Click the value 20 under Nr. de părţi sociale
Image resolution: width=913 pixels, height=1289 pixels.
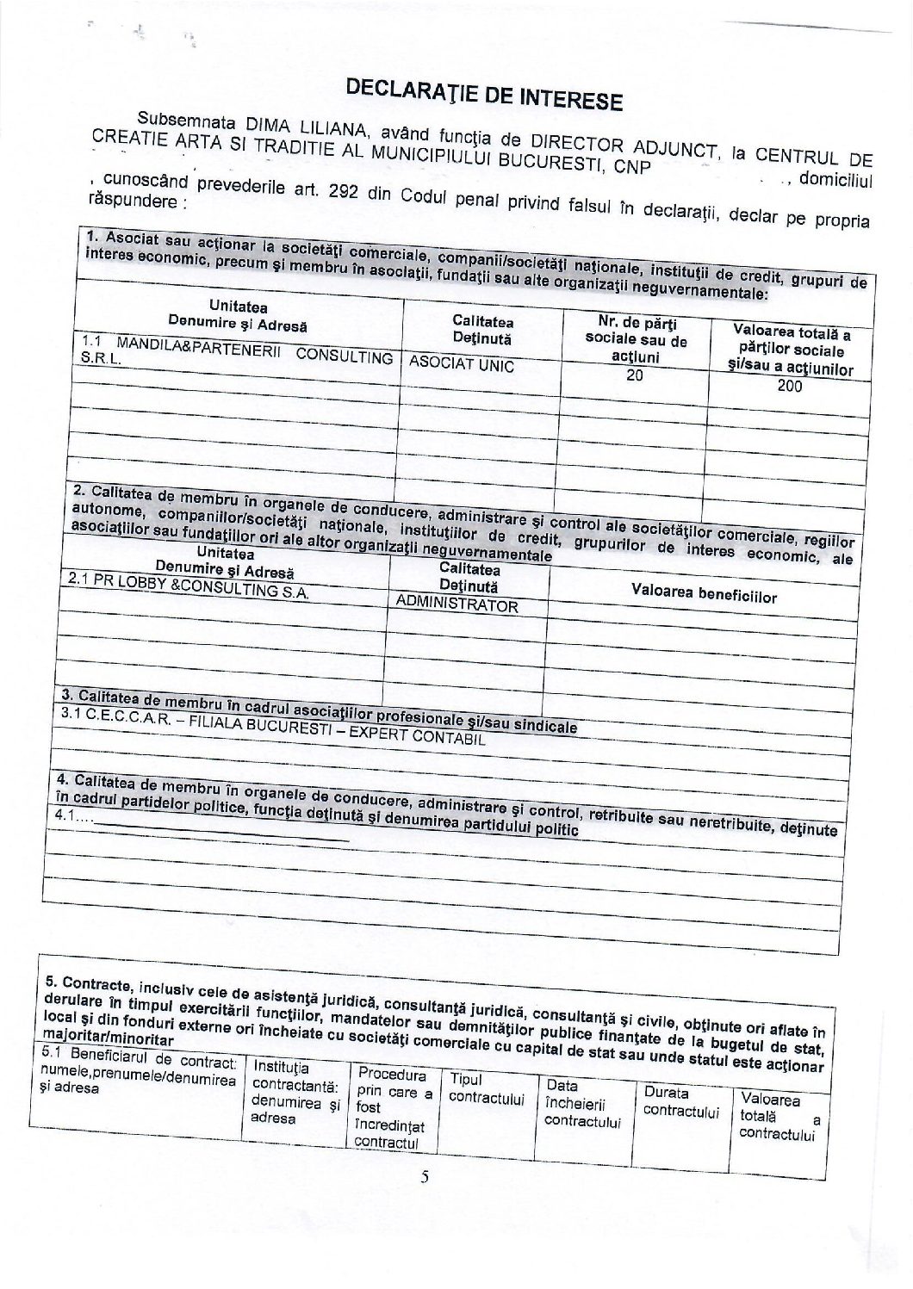[636, 375]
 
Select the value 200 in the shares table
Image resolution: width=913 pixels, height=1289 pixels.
[788, 387]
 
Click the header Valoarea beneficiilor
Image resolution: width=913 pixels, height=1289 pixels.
[704, 595]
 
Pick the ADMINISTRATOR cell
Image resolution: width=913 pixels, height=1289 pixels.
[456, 604]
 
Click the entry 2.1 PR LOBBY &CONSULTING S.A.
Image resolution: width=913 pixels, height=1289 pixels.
[187, 589]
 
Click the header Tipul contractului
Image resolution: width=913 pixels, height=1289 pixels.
[487, 1088]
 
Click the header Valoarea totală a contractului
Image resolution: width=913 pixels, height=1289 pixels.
[777, 1117]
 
